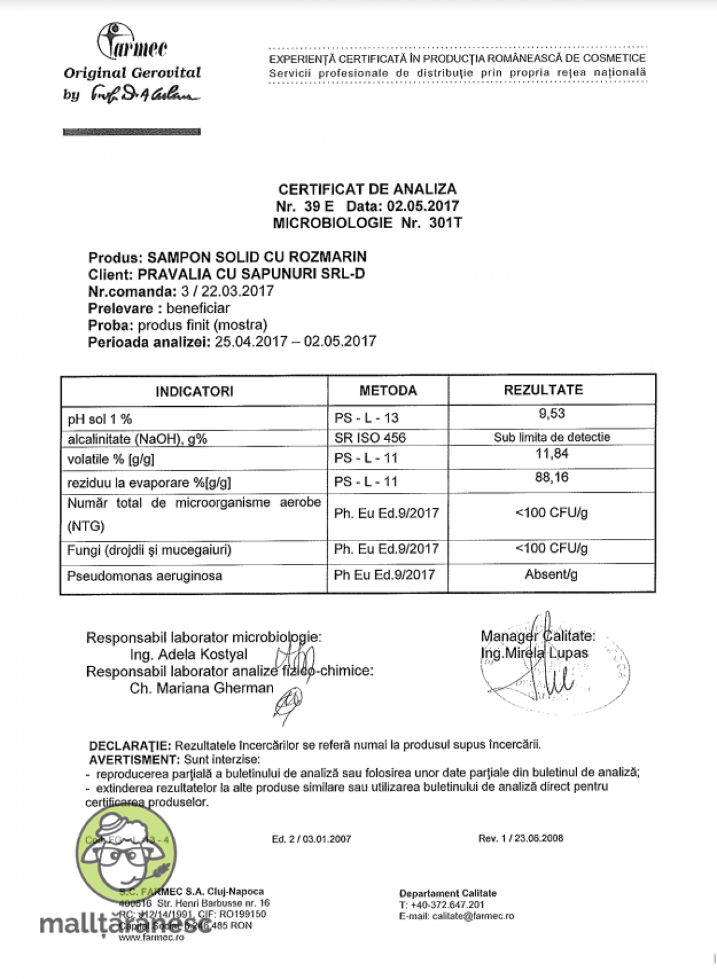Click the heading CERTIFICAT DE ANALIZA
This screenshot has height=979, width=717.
pos(367,189)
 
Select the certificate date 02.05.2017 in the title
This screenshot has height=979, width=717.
pos(423,206)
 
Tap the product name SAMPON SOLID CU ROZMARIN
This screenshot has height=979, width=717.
pos(257,257)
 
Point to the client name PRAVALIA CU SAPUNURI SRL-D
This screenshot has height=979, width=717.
pos(251,274)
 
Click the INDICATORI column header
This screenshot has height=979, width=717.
pos(194,392)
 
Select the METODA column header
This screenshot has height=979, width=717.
pos(388,391)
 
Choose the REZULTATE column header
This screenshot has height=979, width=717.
pos(543,390)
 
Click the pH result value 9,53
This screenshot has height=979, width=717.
pos(551,413)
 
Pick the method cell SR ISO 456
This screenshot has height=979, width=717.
pos(370,438)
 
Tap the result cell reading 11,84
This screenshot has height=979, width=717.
pos(551,454)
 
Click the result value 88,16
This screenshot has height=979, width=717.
pos(551,477)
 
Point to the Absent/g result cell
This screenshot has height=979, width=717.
pos(551,575)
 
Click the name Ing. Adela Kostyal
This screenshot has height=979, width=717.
pos(188,655)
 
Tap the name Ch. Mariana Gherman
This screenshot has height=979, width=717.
pos(201,689)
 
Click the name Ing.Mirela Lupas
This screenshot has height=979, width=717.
pos(534,653)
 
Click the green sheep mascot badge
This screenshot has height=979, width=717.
pos(125,851)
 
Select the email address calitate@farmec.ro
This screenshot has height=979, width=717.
pos(473,916)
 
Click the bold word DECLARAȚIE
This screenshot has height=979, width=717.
pos(130,745)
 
